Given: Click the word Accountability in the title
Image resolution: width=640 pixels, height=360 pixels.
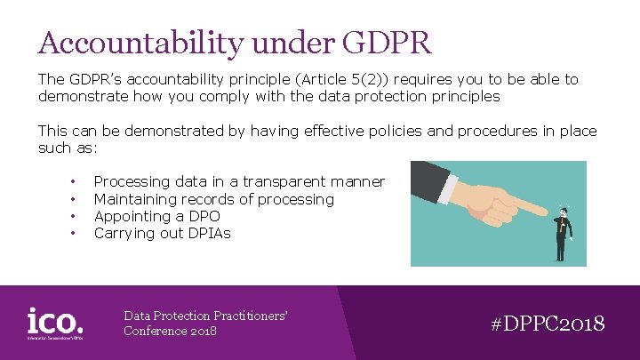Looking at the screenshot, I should click(123, 43).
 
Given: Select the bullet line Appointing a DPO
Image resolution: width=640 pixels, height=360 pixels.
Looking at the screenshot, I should click(156, 216).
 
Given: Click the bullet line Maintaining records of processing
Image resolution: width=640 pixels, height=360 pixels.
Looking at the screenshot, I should click(213, 199).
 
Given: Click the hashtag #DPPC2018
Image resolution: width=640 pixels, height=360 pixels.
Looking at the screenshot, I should click(548, 323).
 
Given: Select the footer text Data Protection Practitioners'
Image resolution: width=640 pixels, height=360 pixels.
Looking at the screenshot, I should click(207, 316).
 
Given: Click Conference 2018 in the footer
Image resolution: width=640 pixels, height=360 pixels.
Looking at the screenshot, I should click(170, 332).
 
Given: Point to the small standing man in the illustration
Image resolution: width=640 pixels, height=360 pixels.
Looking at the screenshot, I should click(561, 233).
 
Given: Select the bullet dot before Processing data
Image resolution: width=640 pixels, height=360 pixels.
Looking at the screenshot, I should click(73, 182).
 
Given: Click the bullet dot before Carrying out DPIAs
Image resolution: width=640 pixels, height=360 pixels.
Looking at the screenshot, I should click(73, 234).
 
